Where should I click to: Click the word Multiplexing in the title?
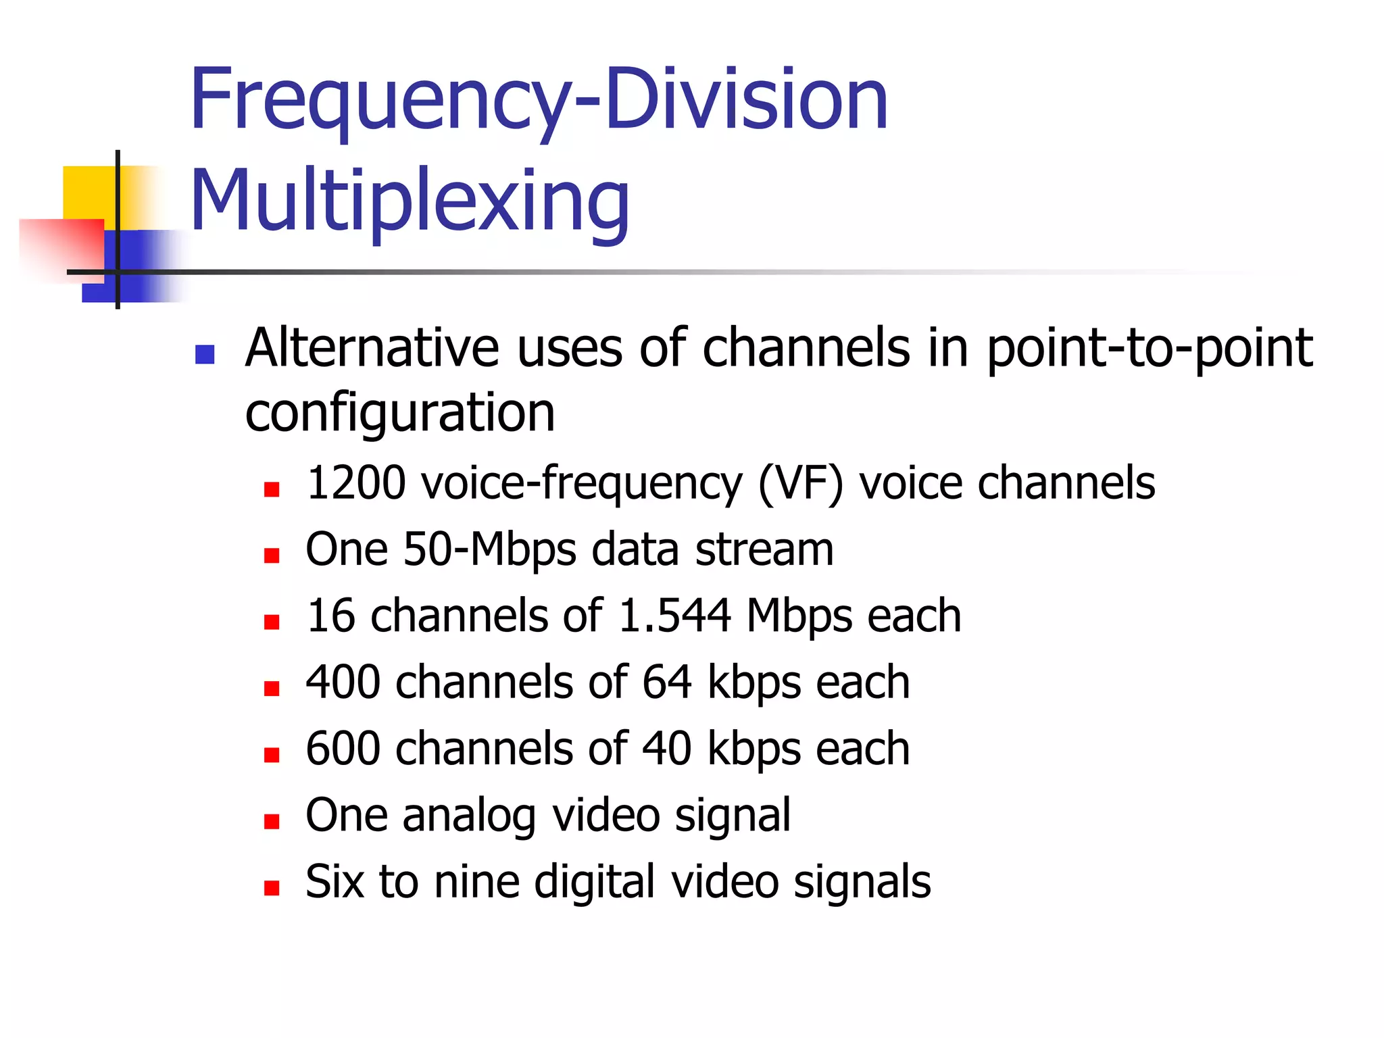click(x=410, y=201)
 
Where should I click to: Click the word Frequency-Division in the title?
click(x=539, y=100)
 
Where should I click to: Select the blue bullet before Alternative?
click(x=204, y=354)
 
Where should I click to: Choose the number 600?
click(x=343, y=748)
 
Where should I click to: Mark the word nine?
click(x=476, y=881)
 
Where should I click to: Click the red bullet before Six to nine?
click(x=272, y=888)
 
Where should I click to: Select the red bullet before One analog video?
click(x=272, y=822)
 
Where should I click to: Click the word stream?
click(x=764, y=549)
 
